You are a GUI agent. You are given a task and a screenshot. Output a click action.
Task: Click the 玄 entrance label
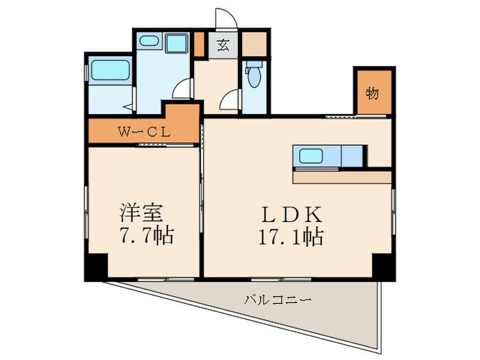(223, 47)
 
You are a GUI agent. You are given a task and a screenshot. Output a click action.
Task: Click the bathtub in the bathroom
(110, 71)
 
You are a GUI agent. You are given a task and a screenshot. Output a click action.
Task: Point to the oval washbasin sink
(149, 42)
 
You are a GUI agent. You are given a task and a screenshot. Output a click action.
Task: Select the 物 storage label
(372, 93)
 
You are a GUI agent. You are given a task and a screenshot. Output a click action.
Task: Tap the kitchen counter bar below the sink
(342, 176)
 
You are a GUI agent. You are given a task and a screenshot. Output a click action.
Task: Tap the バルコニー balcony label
(278, 300)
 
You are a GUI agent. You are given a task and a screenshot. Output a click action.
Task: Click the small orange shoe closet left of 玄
(199, 44)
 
